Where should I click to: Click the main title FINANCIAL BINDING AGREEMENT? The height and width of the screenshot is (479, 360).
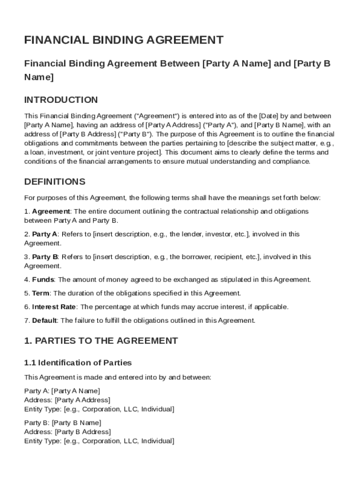(x=123, y=40)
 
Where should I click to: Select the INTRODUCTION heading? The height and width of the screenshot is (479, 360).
(x=61, y=100)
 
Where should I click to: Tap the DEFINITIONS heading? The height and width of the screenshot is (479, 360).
(x=55, y=181)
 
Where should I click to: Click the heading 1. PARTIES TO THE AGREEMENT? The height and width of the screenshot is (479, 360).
(x=101, y=341)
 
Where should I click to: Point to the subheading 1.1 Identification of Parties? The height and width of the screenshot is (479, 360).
(x=78, y=363)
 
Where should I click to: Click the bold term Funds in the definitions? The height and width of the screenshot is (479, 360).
(x=43, y=280)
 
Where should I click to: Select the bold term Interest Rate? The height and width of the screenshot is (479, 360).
(x=53, y=307)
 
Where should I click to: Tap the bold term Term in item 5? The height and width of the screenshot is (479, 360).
(x=41, y=294)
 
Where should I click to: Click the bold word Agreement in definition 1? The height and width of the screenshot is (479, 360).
(x=51, y=211)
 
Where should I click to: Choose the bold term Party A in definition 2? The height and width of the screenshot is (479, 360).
(x=45, y=234)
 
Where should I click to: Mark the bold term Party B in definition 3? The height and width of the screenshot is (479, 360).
(x=45, y=257)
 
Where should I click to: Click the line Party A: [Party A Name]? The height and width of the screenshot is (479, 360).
(x=62, y=391)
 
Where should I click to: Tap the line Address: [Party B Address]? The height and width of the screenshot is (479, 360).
(x=67, y=432)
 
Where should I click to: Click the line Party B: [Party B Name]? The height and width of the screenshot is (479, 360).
(x=62, y=423)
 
